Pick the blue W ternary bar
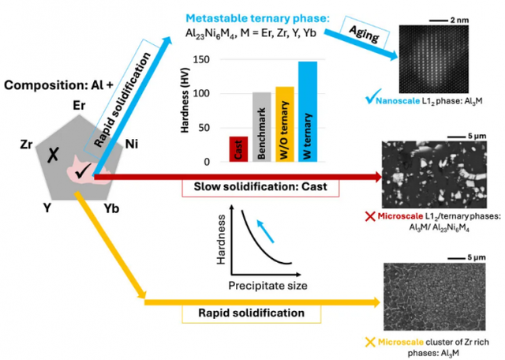308,111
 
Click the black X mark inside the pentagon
50,158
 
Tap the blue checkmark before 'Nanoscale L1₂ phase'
371,99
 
